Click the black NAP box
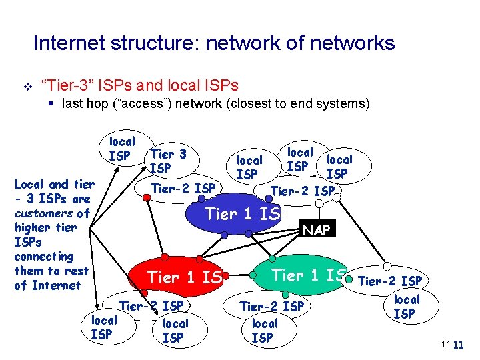[x=317, y=229]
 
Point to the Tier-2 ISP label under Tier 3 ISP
[x=183, y=188]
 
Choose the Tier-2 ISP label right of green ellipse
[x=389, y=281]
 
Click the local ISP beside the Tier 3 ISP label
[x=121, y=149]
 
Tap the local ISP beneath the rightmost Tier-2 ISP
[x=406, y=307]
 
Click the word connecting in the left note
[x=44, y=257]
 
